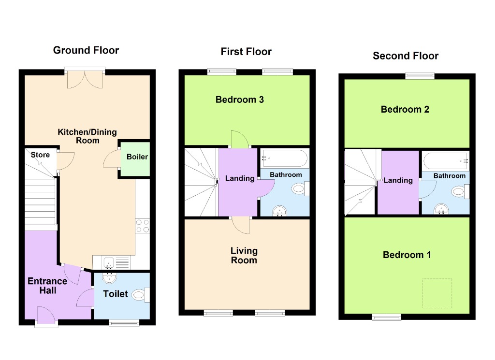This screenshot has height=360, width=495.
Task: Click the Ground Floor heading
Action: coord(86,50)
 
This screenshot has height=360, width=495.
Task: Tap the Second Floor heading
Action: coord(406,56)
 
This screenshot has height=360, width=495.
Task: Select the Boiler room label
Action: coord(137,157)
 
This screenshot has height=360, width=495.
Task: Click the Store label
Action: coord(40,155)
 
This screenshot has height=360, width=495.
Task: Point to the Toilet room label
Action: coord(116,294)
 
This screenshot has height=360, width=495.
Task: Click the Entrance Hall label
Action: coord(47,286)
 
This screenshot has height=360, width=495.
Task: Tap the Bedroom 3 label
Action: coord(240,100)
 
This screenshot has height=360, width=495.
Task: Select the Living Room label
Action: coord(244,256)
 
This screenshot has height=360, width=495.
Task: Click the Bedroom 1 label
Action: coord(407,255)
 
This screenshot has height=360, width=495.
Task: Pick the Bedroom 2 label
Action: coord(405,109)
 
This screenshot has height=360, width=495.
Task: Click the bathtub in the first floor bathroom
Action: coord(284,158)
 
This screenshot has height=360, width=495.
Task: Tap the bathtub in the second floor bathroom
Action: coord(445,160)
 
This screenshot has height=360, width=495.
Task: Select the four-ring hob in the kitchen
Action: coord(143,226)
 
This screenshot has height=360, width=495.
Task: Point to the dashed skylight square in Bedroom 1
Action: coord(437,293)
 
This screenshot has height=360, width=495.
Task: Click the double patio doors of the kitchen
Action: coord(85,78)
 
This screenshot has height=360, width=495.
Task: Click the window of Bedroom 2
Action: coord(420,75)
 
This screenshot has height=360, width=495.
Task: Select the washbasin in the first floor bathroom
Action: coord(279,211)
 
